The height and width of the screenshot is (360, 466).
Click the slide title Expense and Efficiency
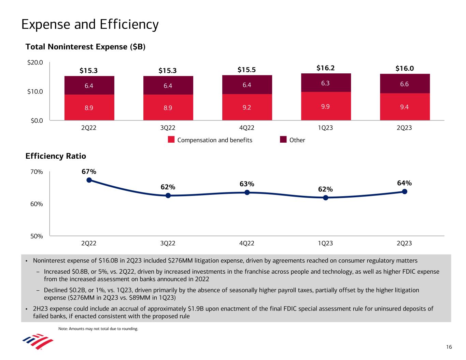tap(90, 25)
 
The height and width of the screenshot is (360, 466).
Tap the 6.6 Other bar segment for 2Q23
tap(405, 84)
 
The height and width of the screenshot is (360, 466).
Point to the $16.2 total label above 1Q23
tap(325, 68)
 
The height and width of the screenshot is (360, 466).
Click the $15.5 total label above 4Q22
tap(247, 70)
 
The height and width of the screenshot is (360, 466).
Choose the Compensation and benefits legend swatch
tap(171, 140)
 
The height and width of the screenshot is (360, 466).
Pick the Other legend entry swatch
tap(283, 140)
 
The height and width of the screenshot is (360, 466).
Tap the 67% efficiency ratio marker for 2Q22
tap(89, 180)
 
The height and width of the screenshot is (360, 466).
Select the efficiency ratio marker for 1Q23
tap(326, 198)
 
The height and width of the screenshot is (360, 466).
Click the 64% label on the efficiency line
tap(405, 183)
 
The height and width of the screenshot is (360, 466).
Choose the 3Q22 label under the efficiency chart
tap(168, 243)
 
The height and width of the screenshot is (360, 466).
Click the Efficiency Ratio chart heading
tap(56, 156)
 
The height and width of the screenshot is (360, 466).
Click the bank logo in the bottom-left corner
tap(38, 342)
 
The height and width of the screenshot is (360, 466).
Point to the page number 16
tap(449, 347)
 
